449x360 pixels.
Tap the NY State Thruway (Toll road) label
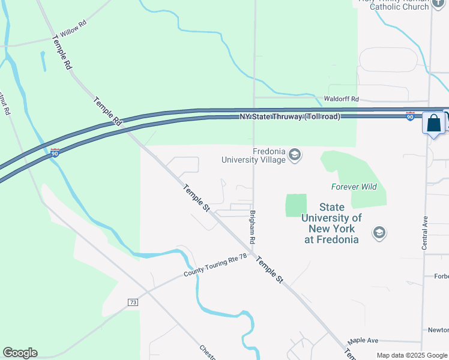pos(290,116)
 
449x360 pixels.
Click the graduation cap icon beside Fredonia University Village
pos(294,155)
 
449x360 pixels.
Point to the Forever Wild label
pos(354,187)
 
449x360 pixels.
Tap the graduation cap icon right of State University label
pos(379,232)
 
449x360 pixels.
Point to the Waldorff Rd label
pos(341,98)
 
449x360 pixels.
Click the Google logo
pos(20,353)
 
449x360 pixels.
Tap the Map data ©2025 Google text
pos(411,355)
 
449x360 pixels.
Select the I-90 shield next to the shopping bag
pos(411,115)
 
